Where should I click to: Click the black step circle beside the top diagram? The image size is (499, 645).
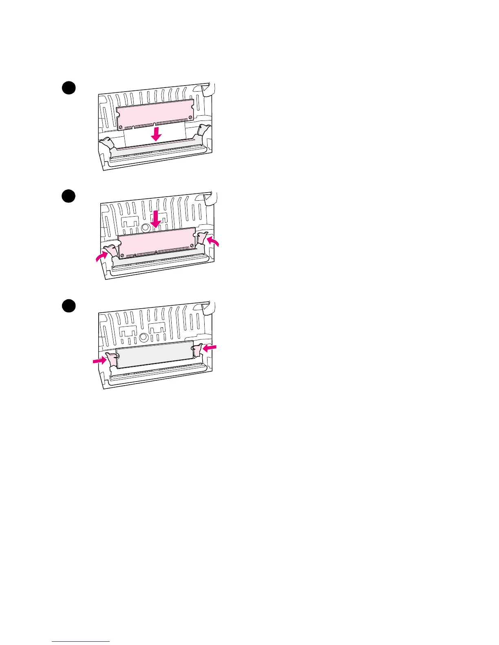(x=69, y=88)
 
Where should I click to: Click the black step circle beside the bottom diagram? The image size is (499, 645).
(x=69, y=306)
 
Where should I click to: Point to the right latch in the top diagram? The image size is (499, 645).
(x=203, y=130)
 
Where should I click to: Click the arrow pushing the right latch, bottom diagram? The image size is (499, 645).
(x=210, y=348)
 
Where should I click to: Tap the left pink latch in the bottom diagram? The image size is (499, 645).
(x=111, y=359)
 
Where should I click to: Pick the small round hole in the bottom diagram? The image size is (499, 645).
(x=143, y=337)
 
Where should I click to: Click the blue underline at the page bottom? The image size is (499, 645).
(x=81, y=641)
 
